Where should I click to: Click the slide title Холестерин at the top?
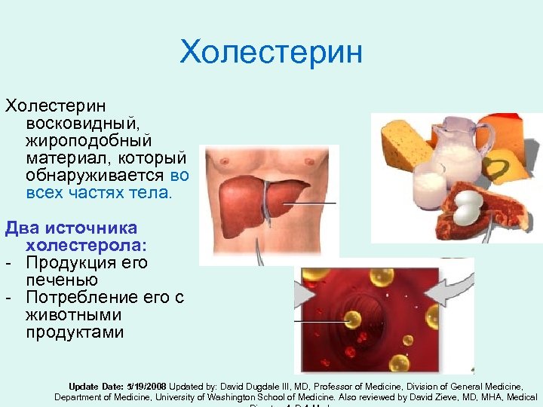point(271,53)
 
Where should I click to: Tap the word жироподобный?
point(88,140)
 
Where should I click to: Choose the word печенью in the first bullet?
point(62,280)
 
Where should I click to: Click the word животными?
point(73,314)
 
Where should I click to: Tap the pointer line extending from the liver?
point(314,203)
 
